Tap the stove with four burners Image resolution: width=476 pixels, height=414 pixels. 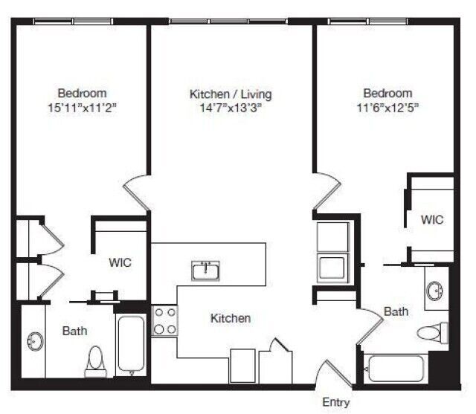164,320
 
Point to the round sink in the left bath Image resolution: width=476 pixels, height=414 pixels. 34,342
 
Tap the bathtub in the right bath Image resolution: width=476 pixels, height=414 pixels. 394,368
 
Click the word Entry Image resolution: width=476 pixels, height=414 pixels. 335,402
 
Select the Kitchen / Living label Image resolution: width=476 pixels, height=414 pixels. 231,94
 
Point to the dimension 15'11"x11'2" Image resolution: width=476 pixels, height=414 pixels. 82,107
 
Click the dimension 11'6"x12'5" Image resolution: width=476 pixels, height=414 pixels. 387,107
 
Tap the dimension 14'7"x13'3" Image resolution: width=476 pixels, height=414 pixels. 231,108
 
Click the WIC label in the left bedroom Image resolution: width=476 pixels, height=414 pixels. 120,262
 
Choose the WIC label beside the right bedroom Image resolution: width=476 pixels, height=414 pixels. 432,220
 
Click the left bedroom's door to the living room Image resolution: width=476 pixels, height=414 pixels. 138,193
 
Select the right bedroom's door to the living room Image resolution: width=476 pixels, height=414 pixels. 325,192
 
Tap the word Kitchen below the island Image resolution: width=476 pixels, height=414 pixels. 231,318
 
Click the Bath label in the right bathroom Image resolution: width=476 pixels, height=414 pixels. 396,311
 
